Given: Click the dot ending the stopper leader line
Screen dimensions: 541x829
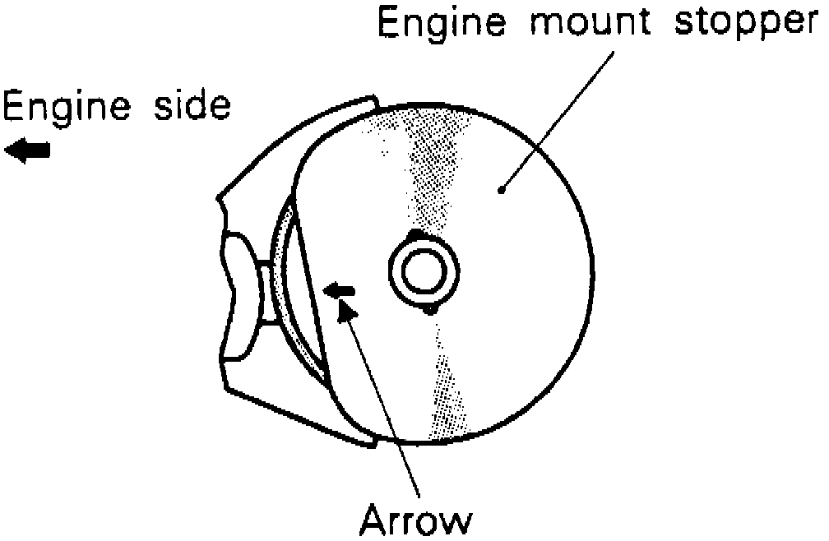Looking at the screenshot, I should tap(501, 191).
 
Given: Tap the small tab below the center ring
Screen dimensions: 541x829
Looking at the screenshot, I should tap(428, 309).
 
